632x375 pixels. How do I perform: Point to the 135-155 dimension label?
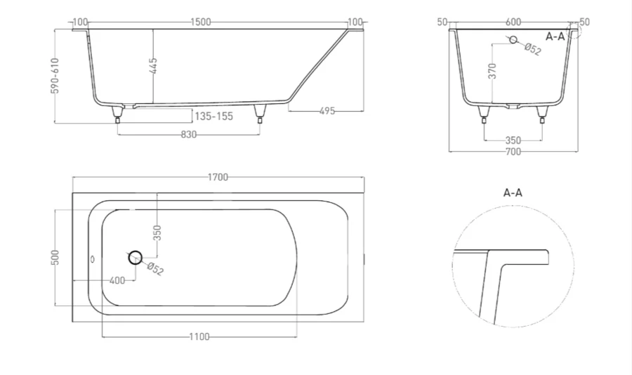(x=213, y=117)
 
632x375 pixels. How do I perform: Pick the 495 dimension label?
(x=327, y=111)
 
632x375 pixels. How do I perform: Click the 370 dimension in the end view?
(x=492, y=71)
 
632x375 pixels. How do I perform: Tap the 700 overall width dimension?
(x=513, y=152)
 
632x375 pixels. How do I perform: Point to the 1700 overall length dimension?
(x=218, y=178)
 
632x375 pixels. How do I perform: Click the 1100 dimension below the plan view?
(x=199, y=337)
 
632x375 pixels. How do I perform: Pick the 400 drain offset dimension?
(x=117, y=281)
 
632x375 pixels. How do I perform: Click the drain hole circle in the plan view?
(x=135, y=257)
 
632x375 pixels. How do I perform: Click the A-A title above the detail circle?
(x=513, y=192)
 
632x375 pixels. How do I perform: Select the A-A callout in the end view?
(x=555, y=36)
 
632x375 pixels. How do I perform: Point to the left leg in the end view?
(x=484, y=114)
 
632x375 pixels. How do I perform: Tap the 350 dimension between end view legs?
(x=513, y=140)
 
